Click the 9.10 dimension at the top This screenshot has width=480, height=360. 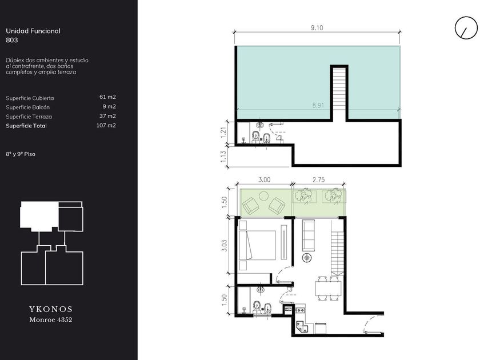(x=317, y=28)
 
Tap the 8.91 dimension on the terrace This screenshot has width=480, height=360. (x=318, y=106)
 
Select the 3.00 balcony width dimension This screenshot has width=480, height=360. (x=264, y=180)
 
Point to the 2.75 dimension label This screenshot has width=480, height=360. (x=318, y=180)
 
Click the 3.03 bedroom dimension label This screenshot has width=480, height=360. (x=225, y=246)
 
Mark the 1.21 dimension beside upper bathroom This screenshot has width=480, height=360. (x=223, y=133)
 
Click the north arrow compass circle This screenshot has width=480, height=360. (x=466, y=28)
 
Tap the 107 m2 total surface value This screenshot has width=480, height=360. (x=106, y=125)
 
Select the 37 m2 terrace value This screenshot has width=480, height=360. (x=107, y=116)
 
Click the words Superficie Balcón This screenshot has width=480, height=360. (x=27, y=107)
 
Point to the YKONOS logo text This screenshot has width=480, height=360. (x=51, y=309)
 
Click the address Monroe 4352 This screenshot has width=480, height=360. (x=51, y=320)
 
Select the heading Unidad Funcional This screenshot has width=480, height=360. (x=33, y=31)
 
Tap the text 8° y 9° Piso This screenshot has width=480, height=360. (x=21, y=154)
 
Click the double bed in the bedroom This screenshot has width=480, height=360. (x=257, y=246)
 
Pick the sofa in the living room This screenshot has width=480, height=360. (x=308, y=235)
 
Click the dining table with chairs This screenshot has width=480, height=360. (x=328, y=289)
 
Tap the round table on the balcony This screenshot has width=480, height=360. (x=264, y=195)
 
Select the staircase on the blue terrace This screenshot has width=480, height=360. (x=339, y=93)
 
